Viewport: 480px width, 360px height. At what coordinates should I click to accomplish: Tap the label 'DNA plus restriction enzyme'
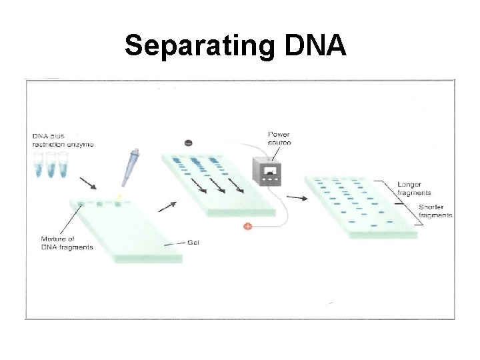coord(63,140)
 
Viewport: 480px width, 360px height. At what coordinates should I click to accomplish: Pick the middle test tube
coord(51,165)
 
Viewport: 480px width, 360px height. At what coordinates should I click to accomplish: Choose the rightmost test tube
coord(63,165)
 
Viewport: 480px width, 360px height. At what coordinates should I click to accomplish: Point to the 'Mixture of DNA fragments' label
coord(67,243)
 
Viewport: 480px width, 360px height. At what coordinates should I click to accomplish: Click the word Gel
coord(193,243)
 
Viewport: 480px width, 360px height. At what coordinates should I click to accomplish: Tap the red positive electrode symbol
coord(247,227)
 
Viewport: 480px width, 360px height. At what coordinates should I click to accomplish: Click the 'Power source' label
coord(278,138)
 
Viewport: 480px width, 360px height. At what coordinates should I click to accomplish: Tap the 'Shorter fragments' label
coord(435,211)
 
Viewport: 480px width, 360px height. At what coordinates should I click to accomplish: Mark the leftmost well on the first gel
coord(81,203)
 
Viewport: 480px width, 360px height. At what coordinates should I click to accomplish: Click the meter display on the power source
coord(270,171)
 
